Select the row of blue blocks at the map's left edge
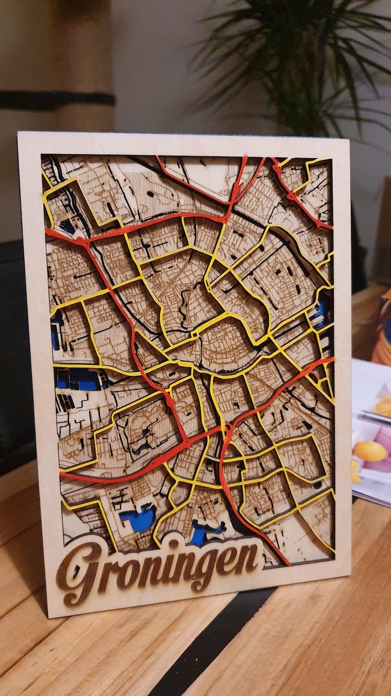pos(79,379)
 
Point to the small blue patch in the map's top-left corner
pos(67,227)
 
